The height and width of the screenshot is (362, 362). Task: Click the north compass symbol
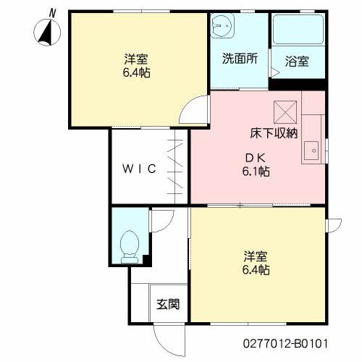click(x=47, y=33)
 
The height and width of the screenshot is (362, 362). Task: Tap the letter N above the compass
click(x=52, y=13)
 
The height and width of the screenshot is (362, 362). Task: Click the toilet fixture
click(x=130, y=247)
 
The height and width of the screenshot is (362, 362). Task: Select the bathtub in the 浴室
click(x=298, y=30)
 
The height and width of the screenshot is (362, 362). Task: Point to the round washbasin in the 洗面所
click(x=222, y=25)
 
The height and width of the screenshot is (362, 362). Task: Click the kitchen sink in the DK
click(x=311, y=151)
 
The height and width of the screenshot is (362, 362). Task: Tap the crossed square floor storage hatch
click(x=285, y=112)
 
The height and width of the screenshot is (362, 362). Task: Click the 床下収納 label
click(x=274, y=133)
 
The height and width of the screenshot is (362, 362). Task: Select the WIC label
click(x=139, y=169)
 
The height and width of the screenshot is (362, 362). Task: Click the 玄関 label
click(x=168, y=304)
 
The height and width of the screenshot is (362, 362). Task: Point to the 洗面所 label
click(x=240, y=59)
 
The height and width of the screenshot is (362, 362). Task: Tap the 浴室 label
click(x=297, y=62)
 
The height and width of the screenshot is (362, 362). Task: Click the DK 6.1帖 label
click(x=256, y=165)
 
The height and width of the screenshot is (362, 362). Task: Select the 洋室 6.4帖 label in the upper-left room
click(x=136, y=66)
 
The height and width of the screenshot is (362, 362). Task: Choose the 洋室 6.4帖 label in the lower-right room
click(x=256, y=263)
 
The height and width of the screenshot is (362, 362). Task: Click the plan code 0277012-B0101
click(x=285, y=343)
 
